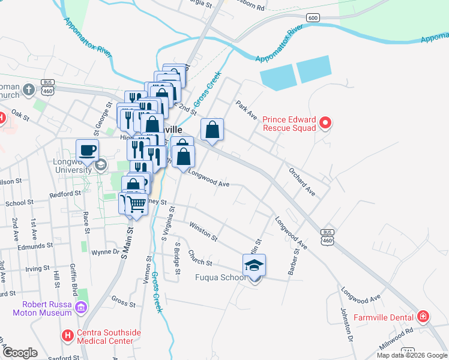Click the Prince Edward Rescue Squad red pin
click(x=325, y=124)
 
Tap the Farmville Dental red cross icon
click(x=423, y=316)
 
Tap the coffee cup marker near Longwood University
click(x=87, y=151)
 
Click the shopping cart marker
click(x=136, y=205)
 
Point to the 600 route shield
click(x=312, y=18)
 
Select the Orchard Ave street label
click(x=301, y=182)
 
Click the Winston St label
click(x=202, y=232)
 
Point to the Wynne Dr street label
click(x=105, y=253)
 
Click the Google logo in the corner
click(x=19, y=353)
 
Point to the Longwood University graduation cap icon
click(x=101, y=164)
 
